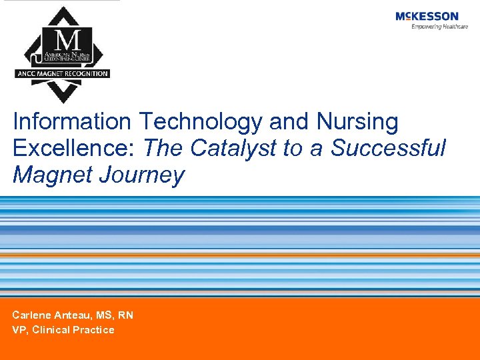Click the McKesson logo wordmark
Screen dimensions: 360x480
[x=427, y=16]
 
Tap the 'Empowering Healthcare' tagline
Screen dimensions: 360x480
[x=435, y=27]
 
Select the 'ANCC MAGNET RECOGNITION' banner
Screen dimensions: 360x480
[x=62, y=73]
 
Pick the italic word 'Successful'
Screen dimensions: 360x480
[x=388, y=148]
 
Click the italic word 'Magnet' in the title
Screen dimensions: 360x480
[x=52, y=175]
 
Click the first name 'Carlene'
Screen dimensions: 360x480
[x=31, y=315]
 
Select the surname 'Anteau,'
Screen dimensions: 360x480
[x=69, y=315]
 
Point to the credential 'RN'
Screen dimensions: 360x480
[x=125, y=315]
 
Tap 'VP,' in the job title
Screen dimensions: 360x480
[x=20, y=330]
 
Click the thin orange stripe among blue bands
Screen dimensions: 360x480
[x=240, y=255]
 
